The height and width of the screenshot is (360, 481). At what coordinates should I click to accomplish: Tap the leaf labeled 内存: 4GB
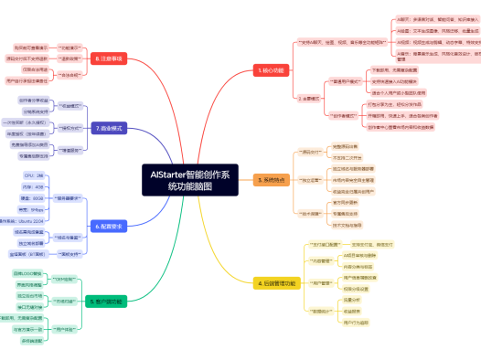34,185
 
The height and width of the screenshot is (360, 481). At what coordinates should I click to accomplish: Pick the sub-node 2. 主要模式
309,96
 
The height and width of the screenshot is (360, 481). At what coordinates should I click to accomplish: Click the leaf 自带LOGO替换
26,273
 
